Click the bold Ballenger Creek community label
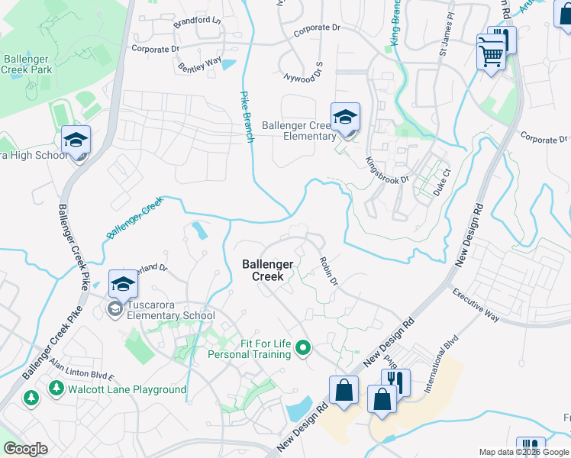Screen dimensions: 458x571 [x=268, y=270]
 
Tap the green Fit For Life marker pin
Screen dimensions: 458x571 [x=303, y=349]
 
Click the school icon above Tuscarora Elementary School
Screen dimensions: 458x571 [x=122, y=285]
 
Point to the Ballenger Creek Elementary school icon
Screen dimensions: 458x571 [x=345, y=118]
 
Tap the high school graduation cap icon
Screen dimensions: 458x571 [x=76, y=140]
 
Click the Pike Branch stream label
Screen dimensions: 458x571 [x=245, y=117]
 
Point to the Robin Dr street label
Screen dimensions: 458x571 [x=328, y=271]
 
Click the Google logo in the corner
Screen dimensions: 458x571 [x=25, y=449]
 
